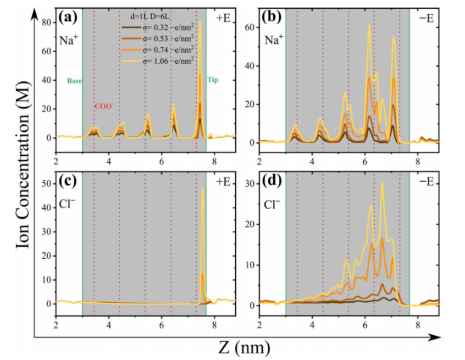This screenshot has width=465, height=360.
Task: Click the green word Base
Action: [74, 81]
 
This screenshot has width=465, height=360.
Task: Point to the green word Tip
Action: [213, 80]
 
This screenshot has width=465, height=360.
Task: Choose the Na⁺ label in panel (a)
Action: [68, 39]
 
